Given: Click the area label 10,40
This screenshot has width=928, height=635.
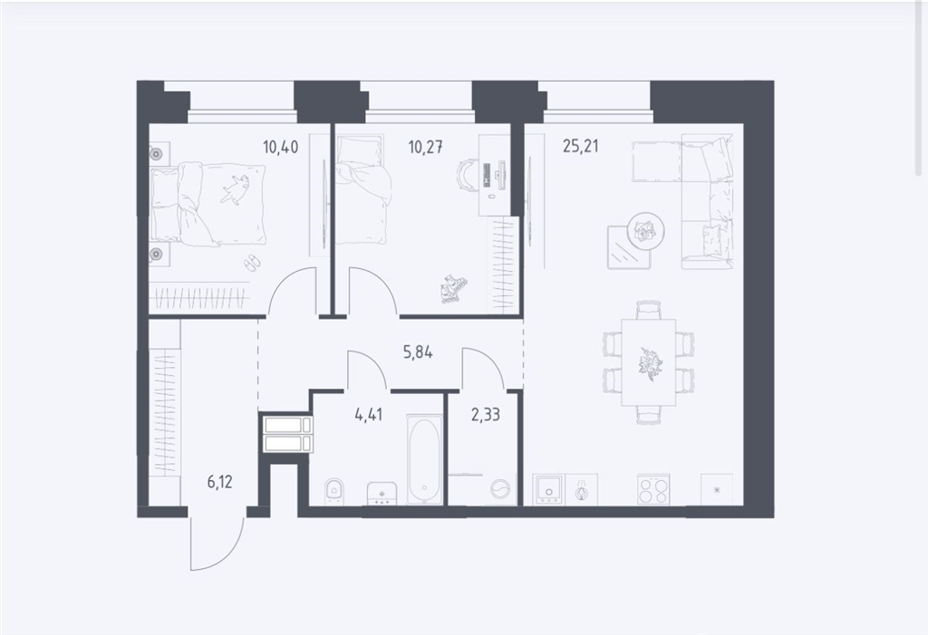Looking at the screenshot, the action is click(281, 146).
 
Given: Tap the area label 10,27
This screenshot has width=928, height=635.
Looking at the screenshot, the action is click(426, 146).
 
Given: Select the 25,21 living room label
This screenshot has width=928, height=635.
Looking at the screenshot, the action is click(580, 146).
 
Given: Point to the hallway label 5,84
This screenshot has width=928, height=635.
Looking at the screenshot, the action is click(418, 352).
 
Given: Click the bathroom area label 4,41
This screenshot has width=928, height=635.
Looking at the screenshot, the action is click(369, 414).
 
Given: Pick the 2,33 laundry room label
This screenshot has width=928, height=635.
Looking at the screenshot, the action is click(486, 414).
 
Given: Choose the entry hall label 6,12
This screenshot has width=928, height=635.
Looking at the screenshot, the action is click(219, 482).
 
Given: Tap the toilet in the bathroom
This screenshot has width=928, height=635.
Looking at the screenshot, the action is click(334, 492).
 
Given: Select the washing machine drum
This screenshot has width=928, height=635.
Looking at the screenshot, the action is click(500, 491).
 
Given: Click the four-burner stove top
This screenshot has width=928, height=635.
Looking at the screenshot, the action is click(653, 489).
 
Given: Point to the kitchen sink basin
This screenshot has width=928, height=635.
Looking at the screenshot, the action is click(548, 489).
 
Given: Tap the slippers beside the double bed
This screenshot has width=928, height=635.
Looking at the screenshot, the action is click(252, 263).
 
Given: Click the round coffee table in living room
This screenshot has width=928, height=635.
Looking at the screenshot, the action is click(645, 230).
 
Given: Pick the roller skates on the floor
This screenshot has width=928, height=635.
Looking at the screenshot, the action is click(453, 289).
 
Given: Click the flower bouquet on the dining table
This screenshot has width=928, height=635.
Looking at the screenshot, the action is click(649, 361).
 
